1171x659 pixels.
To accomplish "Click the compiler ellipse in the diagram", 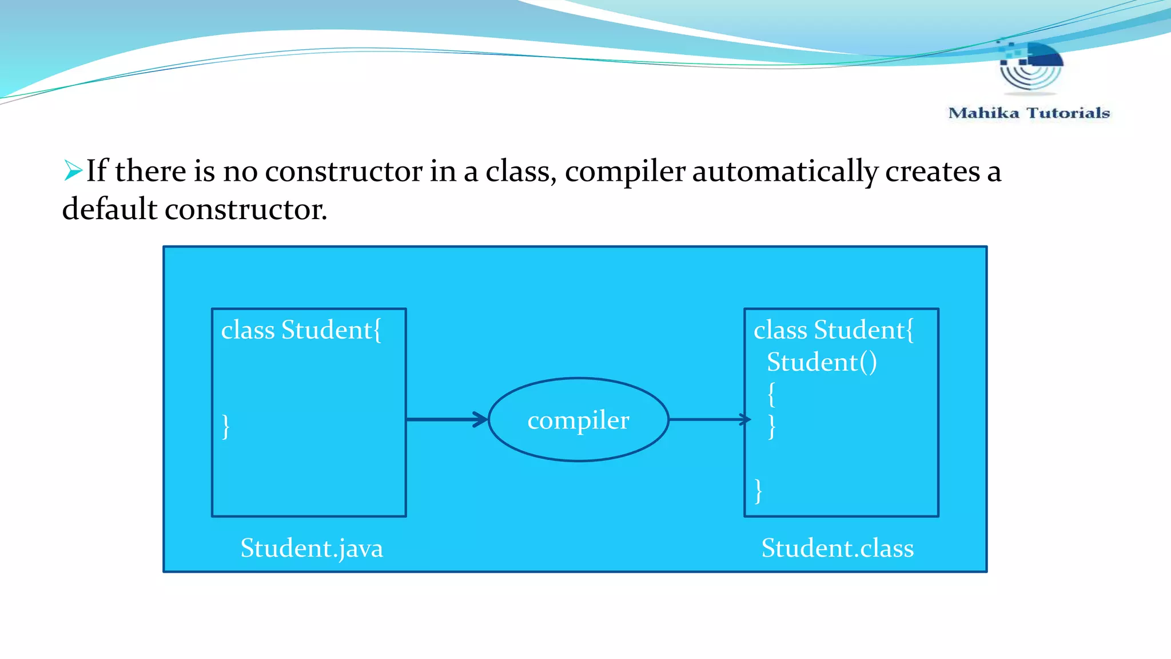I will [x=578, y=419].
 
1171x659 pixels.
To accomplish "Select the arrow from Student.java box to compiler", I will [x=446, y=419].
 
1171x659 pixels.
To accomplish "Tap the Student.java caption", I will [x=312, y=548].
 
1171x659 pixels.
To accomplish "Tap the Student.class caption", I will [x=837, y=548].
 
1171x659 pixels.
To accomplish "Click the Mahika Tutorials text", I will [x=1029, y=113].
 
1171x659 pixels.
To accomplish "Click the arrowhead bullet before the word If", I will [x=73, y=170].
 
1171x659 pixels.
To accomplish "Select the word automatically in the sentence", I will [x=785, y=171].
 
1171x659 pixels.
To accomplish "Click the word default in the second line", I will [x=109, y=209].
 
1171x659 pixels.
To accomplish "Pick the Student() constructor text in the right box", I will [x=821, y=362].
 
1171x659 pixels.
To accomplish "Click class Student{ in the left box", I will [x=301, y=330].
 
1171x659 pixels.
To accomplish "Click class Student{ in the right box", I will [x=833, y=330].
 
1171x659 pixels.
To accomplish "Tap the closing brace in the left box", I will [x=226, y=426].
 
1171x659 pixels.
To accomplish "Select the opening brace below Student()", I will [x=771, y=394].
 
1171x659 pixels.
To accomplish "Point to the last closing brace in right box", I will [x=758, y=491].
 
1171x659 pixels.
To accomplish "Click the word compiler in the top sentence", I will [x=625, y=171].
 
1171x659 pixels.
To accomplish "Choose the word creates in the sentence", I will [x=933, y=171].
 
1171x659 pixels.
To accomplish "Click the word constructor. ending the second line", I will [x=246, y=209].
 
